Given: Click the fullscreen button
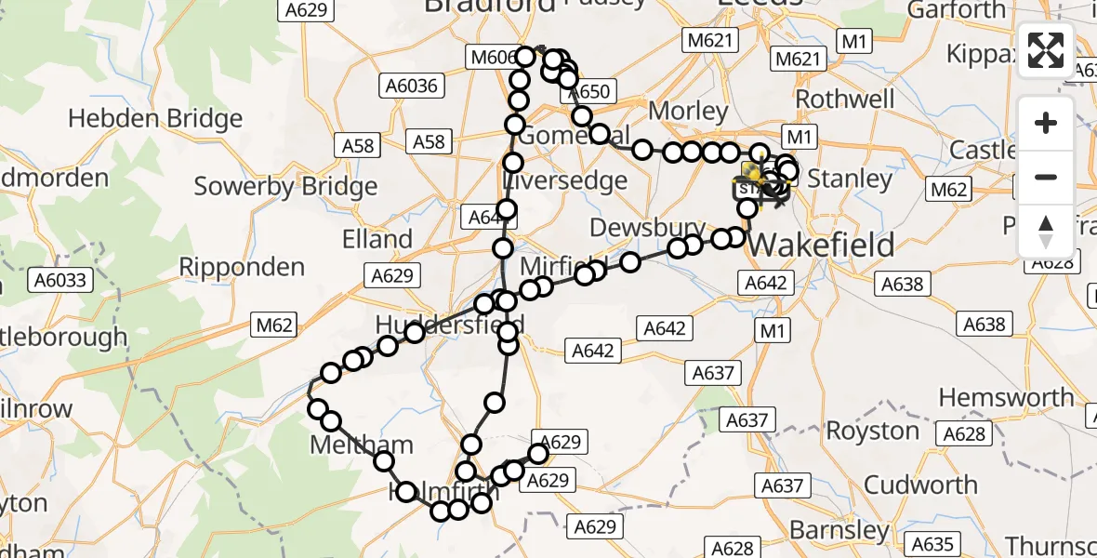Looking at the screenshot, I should [x=1046, y=50].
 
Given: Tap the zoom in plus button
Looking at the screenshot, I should [x=1046, y=123].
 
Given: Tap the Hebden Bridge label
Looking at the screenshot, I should [x=155, y=119].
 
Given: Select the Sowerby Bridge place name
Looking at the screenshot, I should [x=285, y=186].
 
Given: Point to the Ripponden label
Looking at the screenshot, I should [x=242, y=268].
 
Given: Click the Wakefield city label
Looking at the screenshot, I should [x=823, y=245].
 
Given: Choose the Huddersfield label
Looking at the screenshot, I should [x=450, y=325].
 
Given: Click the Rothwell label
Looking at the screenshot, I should [x=845, y=100].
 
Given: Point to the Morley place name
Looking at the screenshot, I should [x=688, y=111].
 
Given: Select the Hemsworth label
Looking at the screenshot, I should [x=1006, y=398].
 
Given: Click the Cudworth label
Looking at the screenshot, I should [x=920, y=485].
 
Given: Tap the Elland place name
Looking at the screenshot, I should [x=377, y=239].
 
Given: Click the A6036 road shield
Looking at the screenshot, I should [x=410, y=86].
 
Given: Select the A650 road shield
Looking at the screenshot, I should [x=588, y=91].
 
